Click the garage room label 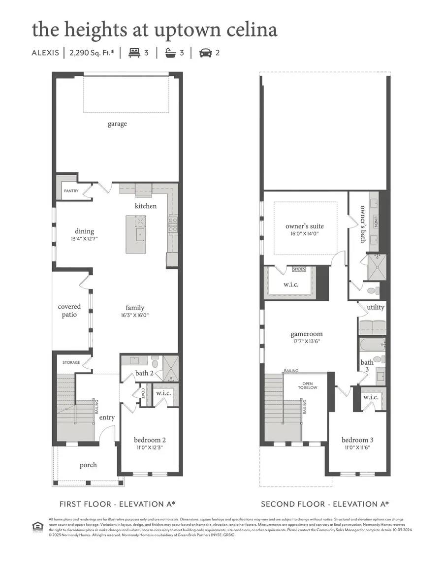tap(117, 124)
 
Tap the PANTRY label tap(71, 191)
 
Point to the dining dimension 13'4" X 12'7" tap(85, 239)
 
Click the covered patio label tap(69, 311)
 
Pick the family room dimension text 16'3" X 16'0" tap(134, 316)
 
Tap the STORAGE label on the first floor tap(71, 362)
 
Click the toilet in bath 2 tap(155, 364)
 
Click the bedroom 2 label tap(150, 440)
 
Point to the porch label tap(88, 465)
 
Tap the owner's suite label tap(305, 226)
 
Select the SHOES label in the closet tap(299, 269)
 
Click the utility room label tap(376, 308)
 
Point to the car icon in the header tap(205, 53)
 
